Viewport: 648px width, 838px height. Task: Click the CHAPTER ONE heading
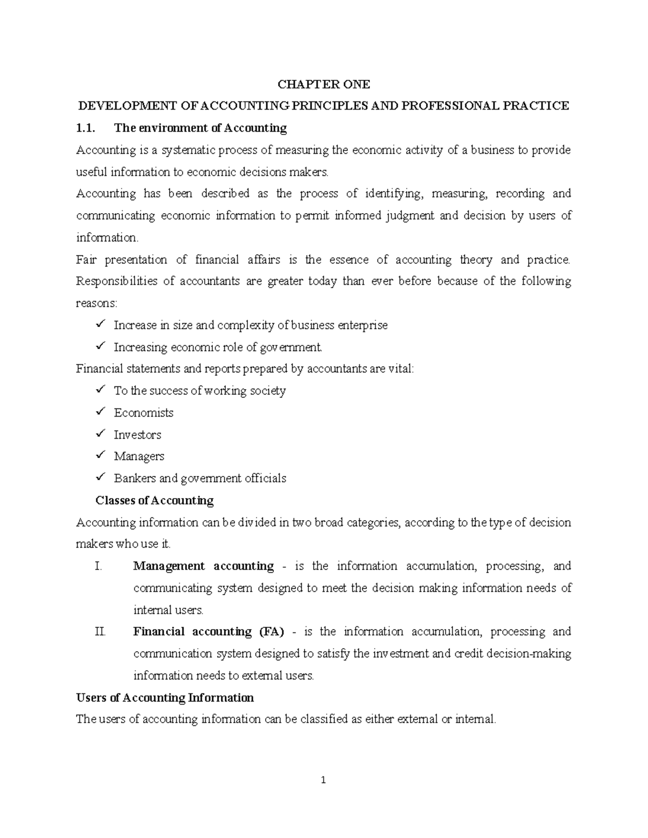tap(323, 84)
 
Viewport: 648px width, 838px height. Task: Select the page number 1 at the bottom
tap(323, 780)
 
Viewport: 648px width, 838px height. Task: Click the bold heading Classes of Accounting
tap(154, 500)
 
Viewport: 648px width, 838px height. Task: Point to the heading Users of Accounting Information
tap(165, 698)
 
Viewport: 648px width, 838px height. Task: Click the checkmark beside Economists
tap(100, 412)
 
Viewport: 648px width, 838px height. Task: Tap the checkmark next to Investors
tap(100, 434)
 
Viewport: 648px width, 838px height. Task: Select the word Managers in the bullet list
tap(139, 457)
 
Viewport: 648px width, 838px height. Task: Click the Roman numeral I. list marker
tap(98, 566)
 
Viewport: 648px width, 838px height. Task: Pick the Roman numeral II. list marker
tap(100, 632)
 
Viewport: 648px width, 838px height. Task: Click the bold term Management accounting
tap(204, 566)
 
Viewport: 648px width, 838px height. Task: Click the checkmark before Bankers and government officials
tap(100, 478)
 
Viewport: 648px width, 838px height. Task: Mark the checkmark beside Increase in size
tap(100, 325)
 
